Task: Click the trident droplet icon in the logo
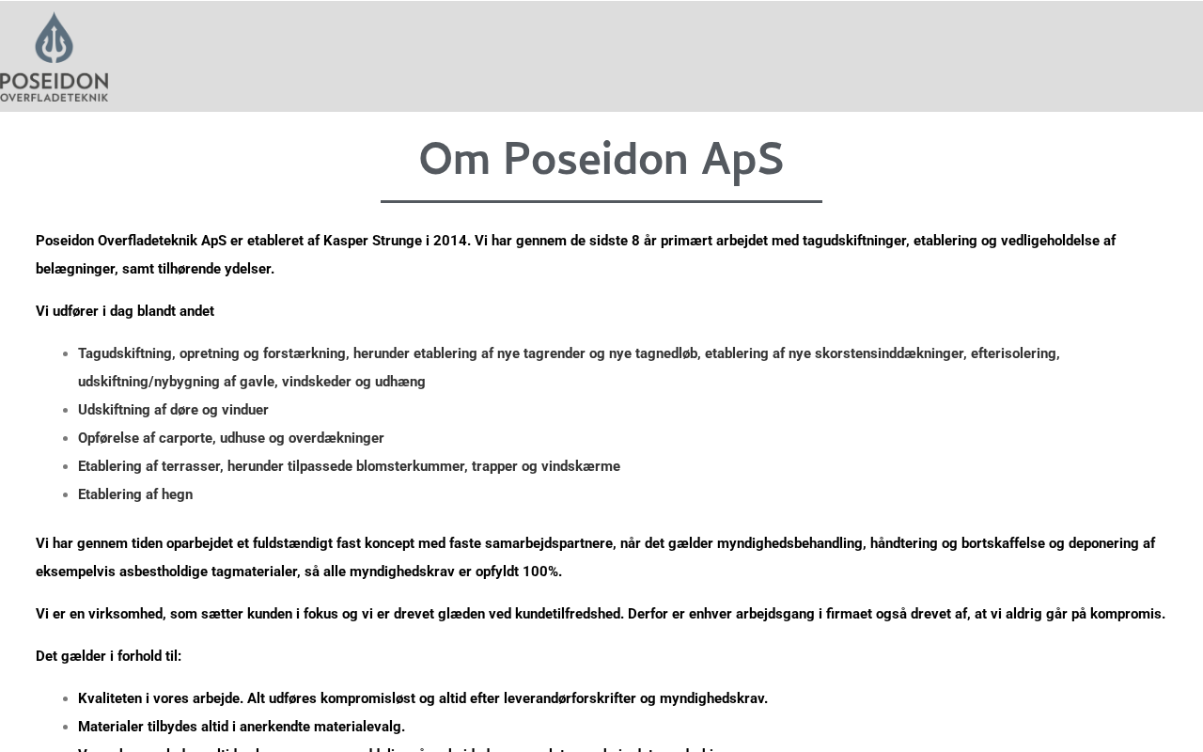(x=54, y=38)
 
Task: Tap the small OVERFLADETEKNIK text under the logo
(x=54, y=97)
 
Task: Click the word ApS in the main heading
(x=742, y=159)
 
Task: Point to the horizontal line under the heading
(x=601, y=201)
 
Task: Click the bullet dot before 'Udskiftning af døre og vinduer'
(x=65, y=411)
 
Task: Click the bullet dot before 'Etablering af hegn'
(x=65, y=495)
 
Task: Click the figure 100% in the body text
(x=541, y=572)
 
